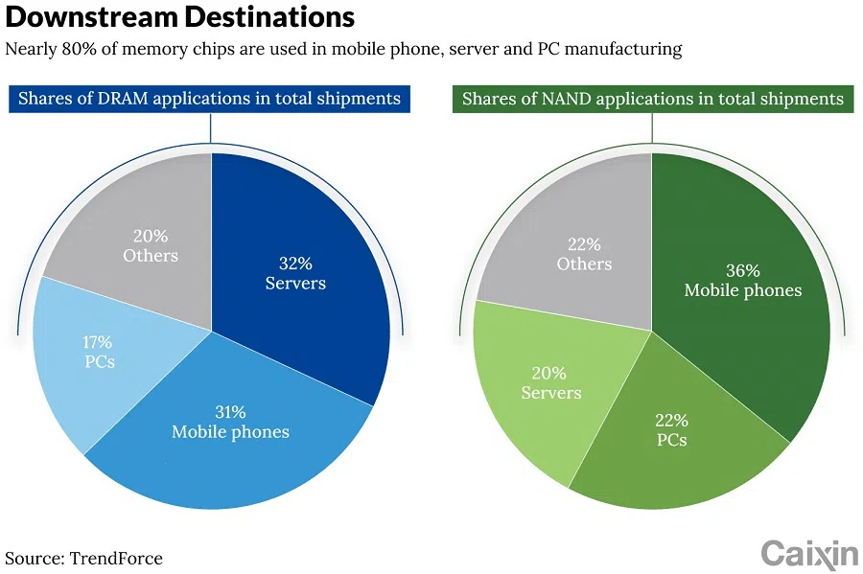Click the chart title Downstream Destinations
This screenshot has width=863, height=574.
(x=179, y=17)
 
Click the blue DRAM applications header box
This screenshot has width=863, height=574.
(x=209, y=99)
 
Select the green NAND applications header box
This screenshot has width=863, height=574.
(x=652, y=99)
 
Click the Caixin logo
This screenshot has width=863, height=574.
(x=809, y=553)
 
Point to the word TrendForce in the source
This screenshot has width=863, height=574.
(x=116, y=558)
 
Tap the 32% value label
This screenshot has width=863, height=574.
(x=294, y=264)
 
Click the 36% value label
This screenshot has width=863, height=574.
(x=742, y=270)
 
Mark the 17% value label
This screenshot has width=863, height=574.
(x=97, y=342)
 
